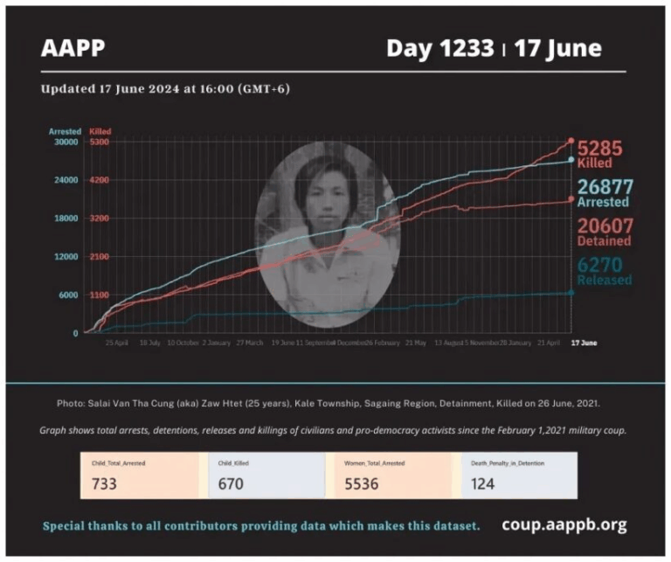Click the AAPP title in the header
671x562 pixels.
[73, 48]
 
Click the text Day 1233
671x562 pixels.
[439, 48]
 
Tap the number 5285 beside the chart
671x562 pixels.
[599, 148]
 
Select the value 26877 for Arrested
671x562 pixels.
[605, 186]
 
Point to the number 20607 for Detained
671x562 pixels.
[605, 225]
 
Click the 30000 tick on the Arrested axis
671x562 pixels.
[67, 142]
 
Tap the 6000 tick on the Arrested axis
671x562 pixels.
[70, 295]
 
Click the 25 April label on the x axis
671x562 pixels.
[116, 343]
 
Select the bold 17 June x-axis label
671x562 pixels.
[585, 343]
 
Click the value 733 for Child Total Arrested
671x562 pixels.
[104, 482]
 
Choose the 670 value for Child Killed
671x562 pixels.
[232, 482]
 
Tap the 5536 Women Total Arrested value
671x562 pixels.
[361, 482]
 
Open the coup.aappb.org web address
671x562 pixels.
[564, 525]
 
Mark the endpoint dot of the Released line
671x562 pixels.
[571, 293]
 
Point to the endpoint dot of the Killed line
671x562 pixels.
[571, 141]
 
